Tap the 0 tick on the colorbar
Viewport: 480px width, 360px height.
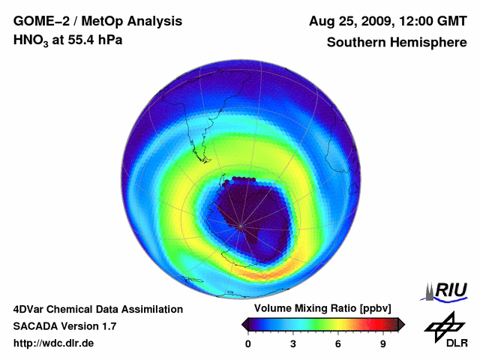pos(248,343)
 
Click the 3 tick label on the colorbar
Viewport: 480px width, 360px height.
pos(293,343)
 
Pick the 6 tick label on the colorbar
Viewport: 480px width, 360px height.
pos(338,343)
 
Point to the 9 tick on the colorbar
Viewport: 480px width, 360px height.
pos(383,343)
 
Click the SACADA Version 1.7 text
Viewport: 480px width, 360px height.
pos(64,326)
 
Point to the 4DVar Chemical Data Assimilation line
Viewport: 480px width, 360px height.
pos(97,309)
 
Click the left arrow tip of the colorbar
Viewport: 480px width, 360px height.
pos(244,324)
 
